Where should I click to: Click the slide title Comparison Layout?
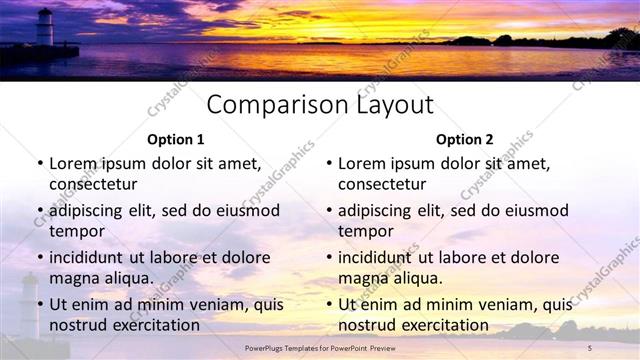tap(320, 105)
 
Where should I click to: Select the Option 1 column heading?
tap(175, 140)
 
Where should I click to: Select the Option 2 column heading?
tap(464, 140)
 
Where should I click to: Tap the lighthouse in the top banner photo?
tap(44, 26)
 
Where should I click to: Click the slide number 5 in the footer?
tap(590, 347)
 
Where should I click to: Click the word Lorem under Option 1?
tap(74, 163)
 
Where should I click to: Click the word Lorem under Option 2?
tap(363, 163)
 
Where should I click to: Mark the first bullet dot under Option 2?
tap(328, 163)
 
